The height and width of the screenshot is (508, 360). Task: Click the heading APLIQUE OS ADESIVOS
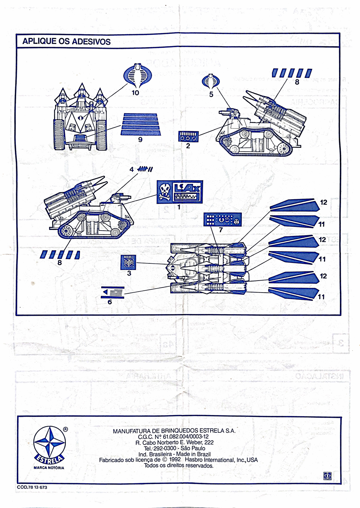tap(66, 41)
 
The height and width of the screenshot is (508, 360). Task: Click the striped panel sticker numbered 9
tap(140, 124)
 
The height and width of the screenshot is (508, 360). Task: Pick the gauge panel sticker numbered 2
tap(188, 137)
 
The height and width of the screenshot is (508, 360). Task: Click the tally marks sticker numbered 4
tap(145, 169)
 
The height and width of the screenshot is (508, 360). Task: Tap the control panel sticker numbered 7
tap(222, 219)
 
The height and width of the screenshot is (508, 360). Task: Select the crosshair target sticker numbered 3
tap(128, 262)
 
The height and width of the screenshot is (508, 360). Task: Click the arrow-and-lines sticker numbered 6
tap(113, 292)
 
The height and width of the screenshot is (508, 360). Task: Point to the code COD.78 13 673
tap(32, 487)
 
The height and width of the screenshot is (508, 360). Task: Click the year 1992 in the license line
tap(174, 460)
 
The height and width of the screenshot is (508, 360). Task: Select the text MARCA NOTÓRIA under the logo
tap(49, 468)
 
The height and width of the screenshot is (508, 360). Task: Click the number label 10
tap(135, 93)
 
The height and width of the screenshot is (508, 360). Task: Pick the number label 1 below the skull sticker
tap(179, 207)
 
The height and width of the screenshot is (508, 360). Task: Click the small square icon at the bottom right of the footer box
tap(327, 476)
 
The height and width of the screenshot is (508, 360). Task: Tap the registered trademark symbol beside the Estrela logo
tap(65, 429)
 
